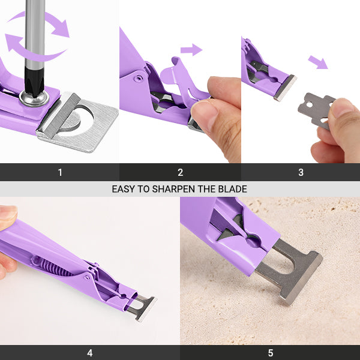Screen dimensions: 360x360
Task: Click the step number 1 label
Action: [60, 172]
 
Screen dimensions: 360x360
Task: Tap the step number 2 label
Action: [181, 172]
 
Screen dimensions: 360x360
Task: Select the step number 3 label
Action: [301, 172]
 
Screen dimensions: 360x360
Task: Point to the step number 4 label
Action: [90, 353]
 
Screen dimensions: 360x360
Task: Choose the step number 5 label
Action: [271, 353]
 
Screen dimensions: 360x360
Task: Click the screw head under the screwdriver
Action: [34, 98]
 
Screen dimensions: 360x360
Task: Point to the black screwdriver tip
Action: [34, 81]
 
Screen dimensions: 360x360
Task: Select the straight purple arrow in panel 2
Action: [191, 50]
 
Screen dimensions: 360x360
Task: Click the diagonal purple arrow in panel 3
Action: [318, 62]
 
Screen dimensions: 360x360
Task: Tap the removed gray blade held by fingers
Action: [315, 110]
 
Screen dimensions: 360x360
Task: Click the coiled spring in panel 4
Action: [54, 268]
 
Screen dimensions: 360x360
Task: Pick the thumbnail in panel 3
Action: [342, 107]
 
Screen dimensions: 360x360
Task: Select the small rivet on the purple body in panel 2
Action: [138, 79]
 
